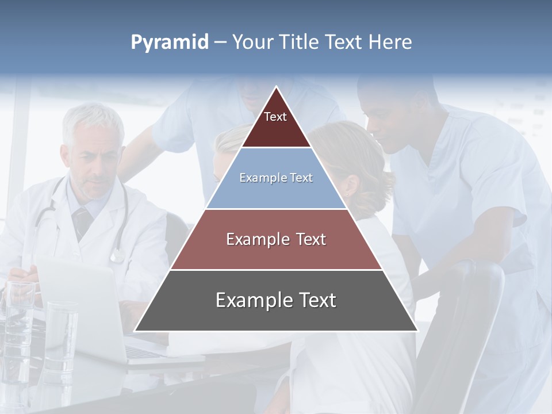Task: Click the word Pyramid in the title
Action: (170, 43)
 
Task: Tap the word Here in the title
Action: (390, 42)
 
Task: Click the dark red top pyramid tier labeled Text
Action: (275, 124)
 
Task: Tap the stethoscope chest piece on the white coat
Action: (117, 255)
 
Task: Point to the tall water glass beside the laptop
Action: (60, 333)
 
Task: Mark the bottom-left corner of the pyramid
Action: (135, 331)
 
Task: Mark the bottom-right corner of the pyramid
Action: (417, 331)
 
